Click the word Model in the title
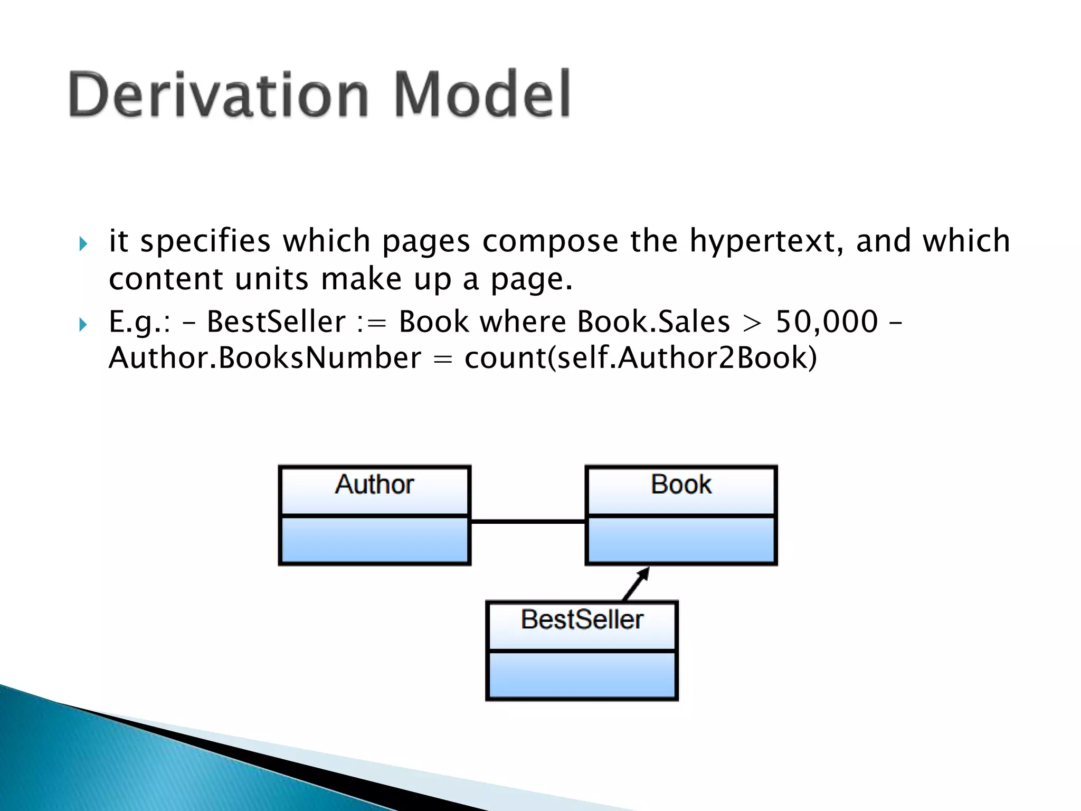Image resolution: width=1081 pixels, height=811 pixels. pyautogui.click(x=482, y=95)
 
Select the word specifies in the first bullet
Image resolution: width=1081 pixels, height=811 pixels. pyautogui.click(x=205, y=241)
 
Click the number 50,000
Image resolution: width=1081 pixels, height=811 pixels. pyautogui.click(x=826, y=322)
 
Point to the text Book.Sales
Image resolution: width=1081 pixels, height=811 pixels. pyautogui.click(x=653, y=322)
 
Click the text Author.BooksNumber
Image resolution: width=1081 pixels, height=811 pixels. pyautogui.click(x=264, y=359)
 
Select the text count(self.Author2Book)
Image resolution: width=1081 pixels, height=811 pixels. pyautogui.click(x=640, y=359)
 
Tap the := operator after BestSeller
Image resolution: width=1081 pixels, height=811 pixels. pyautogui.click(x=371, y=323)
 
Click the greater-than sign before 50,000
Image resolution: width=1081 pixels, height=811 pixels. pyautogui.click(x=752, y=323)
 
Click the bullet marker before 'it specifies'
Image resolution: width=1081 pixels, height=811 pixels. pyautogui.click(x=83, y=244)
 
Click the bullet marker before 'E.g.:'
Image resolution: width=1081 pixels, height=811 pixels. pyautogui.click(x=83, y=324)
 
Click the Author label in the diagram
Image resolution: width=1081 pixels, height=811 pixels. pyautogui.click(x=374, y=485)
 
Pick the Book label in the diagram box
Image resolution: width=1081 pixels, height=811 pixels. pyautogui.click(x=681, y=485)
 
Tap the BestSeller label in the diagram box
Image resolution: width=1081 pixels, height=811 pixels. pyautogui.click(x=582, y=620)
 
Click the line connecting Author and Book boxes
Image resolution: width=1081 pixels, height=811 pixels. pyautogui.click(x=527, y=522)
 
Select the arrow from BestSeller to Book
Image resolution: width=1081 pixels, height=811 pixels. pyautogui.click(x=636, y=584)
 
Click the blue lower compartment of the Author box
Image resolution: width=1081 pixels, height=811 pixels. pyautogui.click(x=374, y=540)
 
